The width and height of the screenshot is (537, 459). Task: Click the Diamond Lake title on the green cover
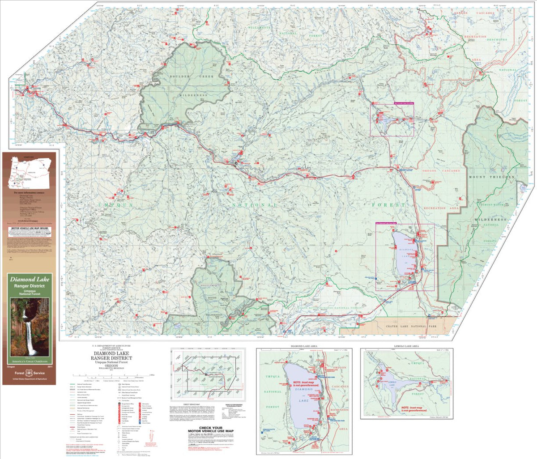click(x=30, y=280)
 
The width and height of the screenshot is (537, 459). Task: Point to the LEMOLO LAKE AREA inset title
click(x=406, y=347)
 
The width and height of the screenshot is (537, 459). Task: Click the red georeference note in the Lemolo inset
click(x=414, y=409)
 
